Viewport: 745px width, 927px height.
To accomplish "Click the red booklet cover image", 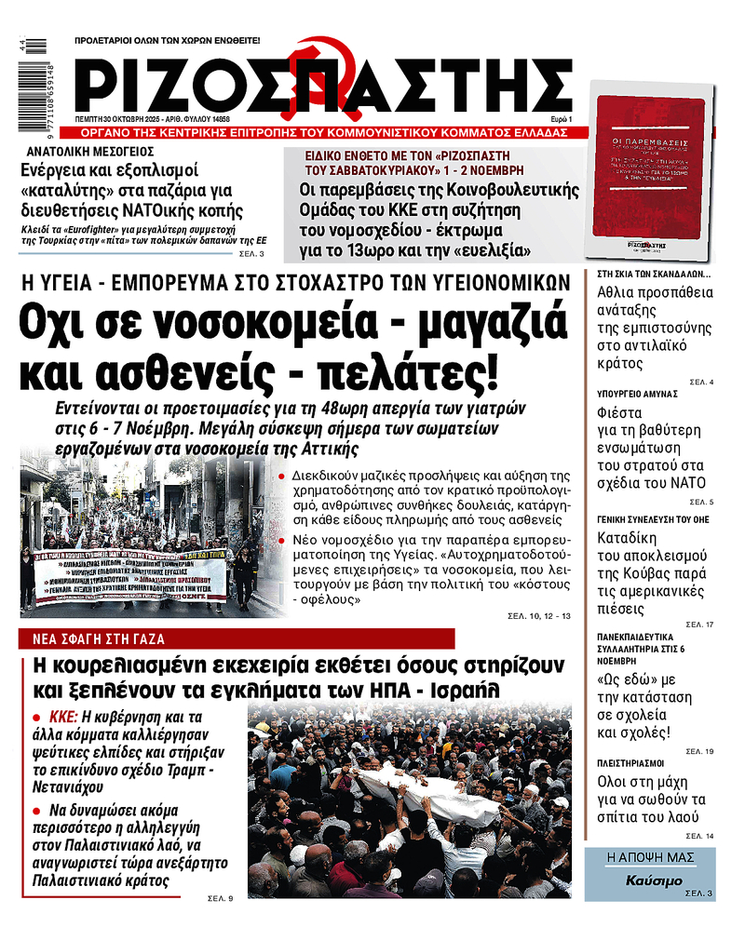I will pyautogui.click(x=646, y=177).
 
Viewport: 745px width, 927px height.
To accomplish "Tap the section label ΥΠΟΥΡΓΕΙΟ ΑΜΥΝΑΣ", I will pyautogui.click(x=637, y=394).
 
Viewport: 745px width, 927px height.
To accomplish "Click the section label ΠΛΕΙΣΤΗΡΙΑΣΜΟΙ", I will pyautogui.click(x=630, y=760).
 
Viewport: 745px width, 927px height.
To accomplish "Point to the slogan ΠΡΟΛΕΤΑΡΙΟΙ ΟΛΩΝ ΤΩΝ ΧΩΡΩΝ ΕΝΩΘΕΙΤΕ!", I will pyautogui.click(x=168, y=42).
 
